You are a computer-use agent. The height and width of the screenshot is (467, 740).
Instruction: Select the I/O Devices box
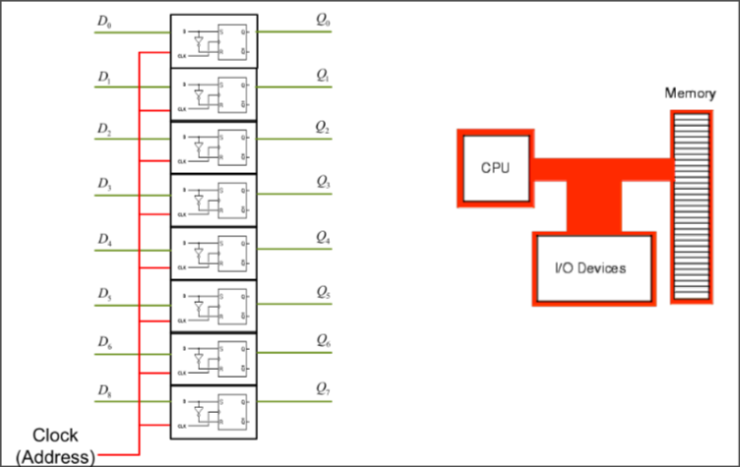pos(592,267)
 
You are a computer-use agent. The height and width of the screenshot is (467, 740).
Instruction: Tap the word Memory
pos(689,94)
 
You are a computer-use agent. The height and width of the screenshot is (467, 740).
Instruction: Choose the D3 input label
pos(104,182)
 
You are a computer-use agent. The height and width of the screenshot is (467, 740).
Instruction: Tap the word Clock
pos(55,436)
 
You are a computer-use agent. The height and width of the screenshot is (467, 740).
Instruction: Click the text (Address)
pos(55,456)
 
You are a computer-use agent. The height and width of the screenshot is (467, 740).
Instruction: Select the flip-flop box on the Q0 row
pos(214,40)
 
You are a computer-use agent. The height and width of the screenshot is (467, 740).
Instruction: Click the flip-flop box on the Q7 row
pos(214,412)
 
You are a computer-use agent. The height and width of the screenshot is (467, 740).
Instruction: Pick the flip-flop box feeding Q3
pos(214,200)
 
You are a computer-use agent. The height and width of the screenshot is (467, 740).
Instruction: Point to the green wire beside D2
pos(133,139)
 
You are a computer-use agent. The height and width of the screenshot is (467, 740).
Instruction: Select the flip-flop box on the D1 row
pos(214,93)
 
